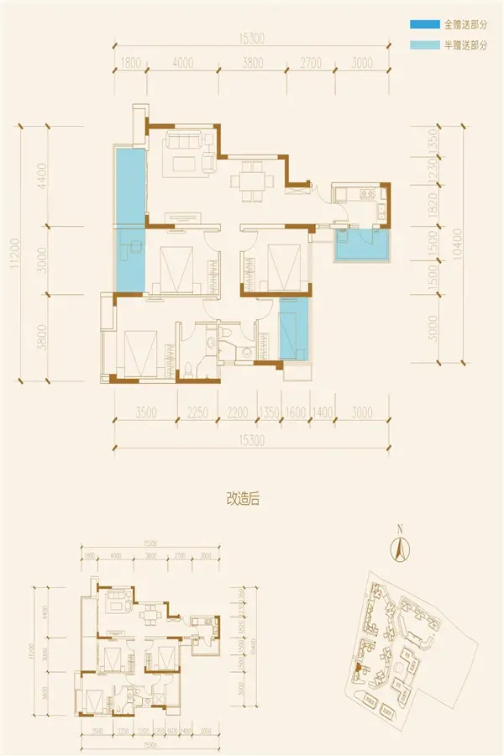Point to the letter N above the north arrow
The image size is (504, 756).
click(x=401, y=529)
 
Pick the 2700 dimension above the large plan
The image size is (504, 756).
click(x=312, y=63)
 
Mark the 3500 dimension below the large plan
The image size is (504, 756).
click(x=146, y=412)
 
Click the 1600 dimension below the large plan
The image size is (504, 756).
click(x=295, y=412)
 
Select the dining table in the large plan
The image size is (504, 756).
click(x=251, y=180)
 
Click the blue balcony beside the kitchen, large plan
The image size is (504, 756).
click(x=362, y=245)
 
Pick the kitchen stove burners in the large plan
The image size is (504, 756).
click(x=368, y=195)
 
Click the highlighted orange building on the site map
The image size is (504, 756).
click(x=358, y=668)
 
